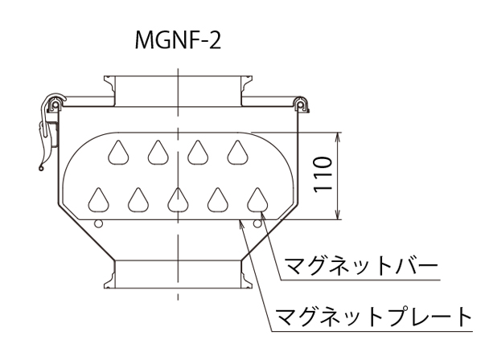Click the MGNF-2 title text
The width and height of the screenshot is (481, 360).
[x=178, y=40]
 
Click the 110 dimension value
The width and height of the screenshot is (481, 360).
[x=323, y=174]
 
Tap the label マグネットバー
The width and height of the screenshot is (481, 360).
[x=361, y=266]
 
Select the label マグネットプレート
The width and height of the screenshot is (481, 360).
[x=374, y=317]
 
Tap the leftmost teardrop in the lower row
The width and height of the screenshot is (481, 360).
[x=98, y=200]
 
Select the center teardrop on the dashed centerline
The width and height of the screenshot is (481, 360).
[x=178, y=200]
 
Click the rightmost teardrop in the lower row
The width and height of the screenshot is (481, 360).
[x=257, y=200]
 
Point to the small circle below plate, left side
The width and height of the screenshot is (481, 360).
[x=98, y=224]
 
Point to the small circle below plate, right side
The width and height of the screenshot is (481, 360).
[x=257, y=224]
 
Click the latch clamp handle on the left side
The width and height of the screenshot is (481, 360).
[x=46, y=132]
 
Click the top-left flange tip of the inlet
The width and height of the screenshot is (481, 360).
[x=105, y=76]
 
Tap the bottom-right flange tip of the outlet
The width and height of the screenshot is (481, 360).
[x=252, y=288]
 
